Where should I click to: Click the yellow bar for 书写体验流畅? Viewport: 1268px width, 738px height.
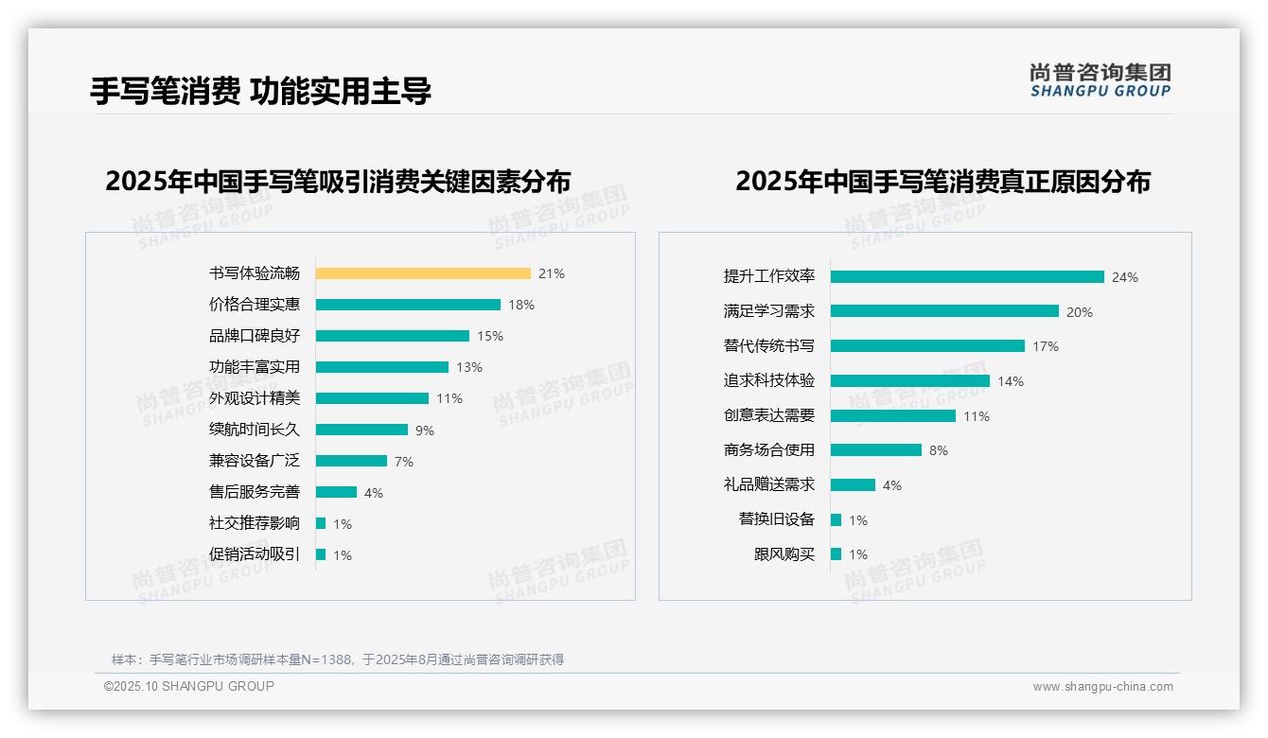click(x=423, y=273)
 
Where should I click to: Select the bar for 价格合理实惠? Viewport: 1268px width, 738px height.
click(x=408, y=305)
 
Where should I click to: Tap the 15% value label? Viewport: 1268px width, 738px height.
click(x=490, y=336)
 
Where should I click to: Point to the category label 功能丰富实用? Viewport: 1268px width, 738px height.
click(x=255, y=367)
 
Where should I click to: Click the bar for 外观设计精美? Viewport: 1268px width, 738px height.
click(x=372, y=398)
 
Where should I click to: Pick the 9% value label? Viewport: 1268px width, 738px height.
click(x=425, y=430)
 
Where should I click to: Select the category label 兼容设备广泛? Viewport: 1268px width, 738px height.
click(x=255, y=461)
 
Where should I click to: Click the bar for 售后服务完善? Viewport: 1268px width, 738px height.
click(x=336, y=492)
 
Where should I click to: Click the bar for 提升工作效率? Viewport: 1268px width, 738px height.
click(x=967, y=277)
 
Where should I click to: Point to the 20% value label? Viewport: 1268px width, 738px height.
click(x=1080, y=312)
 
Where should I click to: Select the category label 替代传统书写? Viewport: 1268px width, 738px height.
click(x=769, y=346)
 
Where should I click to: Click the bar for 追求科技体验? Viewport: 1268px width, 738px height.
click(x=910, y=381)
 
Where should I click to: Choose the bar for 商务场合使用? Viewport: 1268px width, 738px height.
click(x=876, y=450)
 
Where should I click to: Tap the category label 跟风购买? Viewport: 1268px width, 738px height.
click(x=784, y=554)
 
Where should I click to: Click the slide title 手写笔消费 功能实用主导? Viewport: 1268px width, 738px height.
click(x=260, y=91)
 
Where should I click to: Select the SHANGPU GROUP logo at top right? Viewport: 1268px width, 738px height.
click(x=1101, y=80)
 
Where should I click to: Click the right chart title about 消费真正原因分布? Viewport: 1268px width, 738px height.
click(x=942, y=182)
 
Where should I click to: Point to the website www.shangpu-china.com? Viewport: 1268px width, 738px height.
click(x=1102, y=687)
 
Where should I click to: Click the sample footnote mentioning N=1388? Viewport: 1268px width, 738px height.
click(x=338, y=659)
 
